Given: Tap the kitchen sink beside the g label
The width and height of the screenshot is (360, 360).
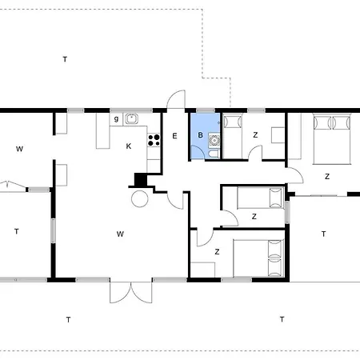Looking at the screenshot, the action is [132, 118].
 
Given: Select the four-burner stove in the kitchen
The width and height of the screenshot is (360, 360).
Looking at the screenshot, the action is [154, 140].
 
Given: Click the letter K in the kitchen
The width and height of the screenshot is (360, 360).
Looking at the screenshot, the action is [129, 146].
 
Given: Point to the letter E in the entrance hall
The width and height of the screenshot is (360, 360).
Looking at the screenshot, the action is [174, 136].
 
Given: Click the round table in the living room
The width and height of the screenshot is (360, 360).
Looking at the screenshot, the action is [140, 199].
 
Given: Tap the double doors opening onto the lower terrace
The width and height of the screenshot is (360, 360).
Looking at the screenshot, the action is [131, 292].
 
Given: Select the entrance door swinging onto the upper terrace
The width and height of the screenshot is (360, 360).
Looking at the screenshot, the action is [176, 99].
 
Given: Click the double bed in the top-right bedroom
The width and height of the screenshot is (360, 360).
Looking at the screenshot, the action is [332, 139].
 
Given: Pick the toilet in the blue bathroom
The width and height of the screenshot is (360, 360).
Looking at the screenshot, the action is [214, 154].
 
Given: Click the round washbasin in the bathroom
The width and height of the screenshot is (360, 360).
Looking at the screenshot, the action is [214, 140].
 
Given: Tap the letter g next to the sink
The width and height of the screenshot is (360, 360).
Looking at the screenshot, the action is [116, 118].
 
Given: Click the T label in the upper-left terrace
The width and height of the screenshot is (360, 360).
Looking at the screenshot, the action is [65, 59].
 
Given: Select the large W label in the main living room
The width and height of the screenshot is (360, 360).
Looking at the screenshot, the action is [120, 234].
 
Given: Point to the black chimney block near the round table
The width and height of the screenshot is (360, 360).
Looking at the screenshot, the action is [141, 180].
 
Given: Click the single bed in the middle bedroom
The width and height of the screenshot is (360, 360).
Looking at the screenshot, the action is [260, 198].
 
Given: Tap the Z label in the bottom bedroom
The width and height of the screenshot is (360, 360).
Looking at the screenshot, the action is [217, 251].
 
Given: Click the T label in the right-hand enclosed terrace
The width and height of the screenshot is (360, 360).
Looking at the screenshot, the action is [323, 234].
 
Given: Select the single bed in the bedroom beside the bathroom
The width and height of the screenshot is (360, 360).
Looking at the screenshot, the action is [233, 136].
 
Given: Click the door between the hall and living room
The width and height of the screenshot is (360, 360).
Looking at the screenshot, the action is [175, 200].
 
